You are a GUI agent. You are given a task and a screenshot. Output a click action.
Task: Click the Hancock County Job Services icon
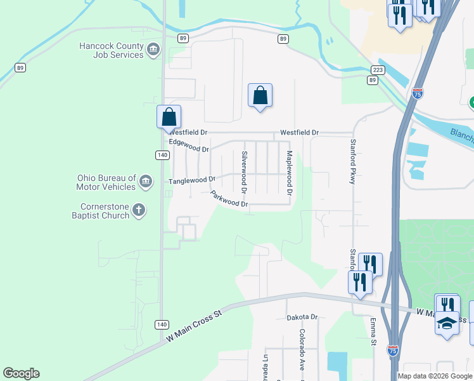pos(153,50)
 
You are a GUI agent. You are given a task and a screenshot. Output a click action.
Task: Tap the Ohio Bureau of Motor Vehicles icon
pos(146,182)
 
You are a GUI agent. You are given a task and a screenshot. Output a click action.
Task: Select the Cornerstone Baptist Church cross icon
pos(139,211)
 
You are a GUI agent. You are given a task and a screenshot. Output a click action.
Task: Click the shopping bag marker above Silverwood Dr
pos(260,96)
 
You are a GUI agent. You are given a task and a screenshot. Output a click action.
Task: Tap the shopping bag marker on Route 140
pos(169,117)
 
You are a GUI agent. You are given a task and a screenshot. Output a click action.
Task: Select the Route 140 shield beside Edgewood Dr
pos(162,155)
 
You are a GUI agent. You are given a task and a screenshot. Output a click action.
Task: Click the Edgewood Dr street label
pos(189,146)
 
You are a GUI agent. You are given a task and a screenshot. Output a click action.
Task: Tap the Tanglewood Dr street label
pos(192,181)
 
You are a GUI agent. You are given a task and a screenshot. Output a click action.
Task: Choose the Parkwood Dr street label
pos(229,199)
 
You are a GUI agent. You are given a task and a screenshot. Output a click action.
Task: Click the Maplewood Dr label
pos(289,173)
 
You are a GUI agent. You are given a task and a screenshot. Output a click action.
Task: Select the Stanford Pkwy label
pos(352,162)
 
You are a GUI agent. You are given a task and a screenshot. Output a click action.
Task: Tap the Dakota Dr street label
pos(302,317)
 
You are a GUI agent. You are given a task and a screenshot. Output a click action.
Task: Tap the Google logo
pos(21,373)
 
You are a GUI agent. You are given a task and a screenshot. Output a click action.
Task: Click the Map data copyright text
pos(435,376)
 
